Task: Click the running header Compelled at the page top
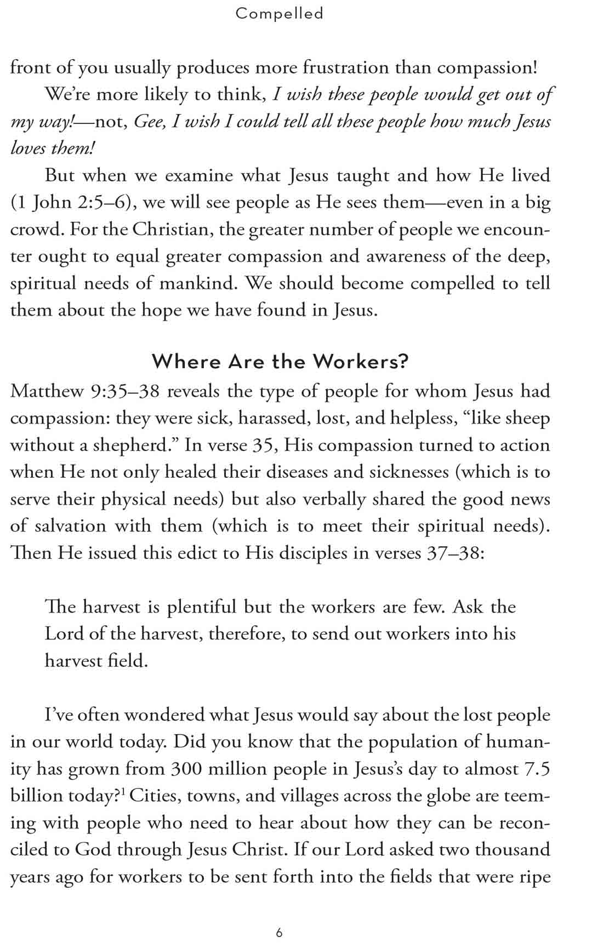[280, 13]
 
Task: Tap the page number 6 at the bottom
[280, 933]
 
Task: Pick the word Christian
[172, 230]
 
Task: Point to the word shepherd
[133, 445]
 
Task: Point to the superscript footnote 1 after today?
[123, 792]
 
